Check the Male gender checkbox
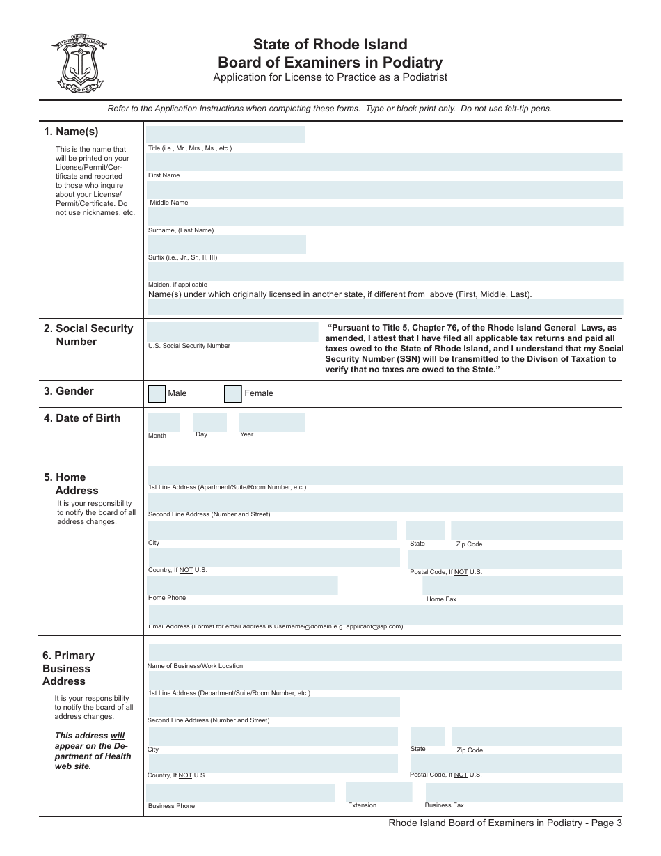click(x=157, y=394)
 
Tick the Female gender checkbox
click(x=233, y=394)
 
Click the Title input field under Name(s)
click(x=225, y=134)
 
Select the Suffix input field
click(x=226, y=244)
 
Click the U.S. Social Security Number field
click(x=232, y=333)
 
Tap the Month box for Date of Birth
click(x=164, y=422)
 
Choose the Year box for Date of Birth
click(x=271, y=422)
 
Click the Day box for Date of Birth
click(x=209, y=422)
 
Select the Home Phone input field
click(x=242, y=585)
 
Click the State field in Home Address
click(x=424, y=530)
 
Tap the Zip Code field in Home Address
click(x=536, y=530)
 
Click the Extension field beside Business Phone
click(x=379, y=792)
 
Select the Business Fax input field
click(x=525, y=792)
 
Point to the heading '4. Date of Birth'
click(x=82, y=418)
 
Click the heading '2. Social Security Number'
click(x=88, y=335)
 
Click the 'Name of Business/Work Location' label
click(x=196, y=666)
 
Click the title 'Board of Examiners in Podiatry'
click(x=330, y=63)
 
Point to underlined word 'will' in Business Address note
click(x=118, y=736)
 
